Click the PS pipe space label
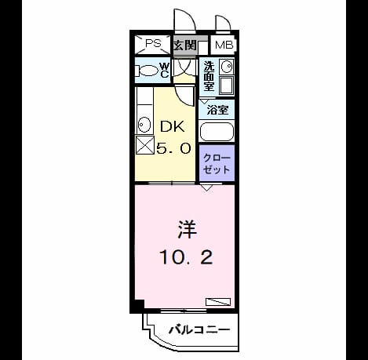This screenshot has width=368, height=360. tap(153, 43)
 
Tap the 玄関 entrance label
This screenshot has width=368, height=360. tap(185, 45)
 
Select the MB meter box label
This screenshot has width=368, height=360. tap(224, 45)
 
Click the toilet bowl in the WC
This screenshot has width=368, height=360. tap(148, 71)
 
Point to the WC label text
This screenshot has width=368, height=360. tap(164, 70)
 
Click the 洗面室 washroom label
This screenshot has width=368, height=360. tap(209, 76)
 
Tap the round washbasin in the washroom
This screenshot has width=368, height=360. tap(227, 67)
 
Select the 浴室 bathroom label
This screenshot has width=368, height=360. tap(217, 110)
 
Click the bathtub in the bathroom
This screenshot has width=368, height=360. tap(217, 132)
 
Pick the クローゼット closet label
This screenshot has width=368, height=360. tap(217, 164)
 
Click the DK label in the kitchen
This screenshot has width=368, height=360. tap(172, 126)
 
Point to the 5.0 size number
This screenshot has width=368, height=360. tap(173, 148)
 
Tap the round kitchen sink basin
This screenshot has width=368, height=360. tap(144, 125)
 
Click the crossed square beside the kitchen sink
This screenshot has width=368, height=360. tap(144, 145)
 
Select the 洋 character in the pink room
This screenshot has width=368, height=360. tap(187, 230)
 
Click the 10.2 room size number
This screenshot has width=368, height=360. tap(186, 256)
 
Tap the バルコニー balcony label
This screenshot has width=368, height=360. tap(199, 329)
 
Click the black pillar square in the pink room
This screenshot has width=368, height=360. tap(140, 304)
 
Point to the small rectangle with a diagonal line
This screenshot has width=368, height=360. tap(218, 302)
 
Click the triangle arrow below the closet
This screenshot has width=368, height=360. tap(206, 187)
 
